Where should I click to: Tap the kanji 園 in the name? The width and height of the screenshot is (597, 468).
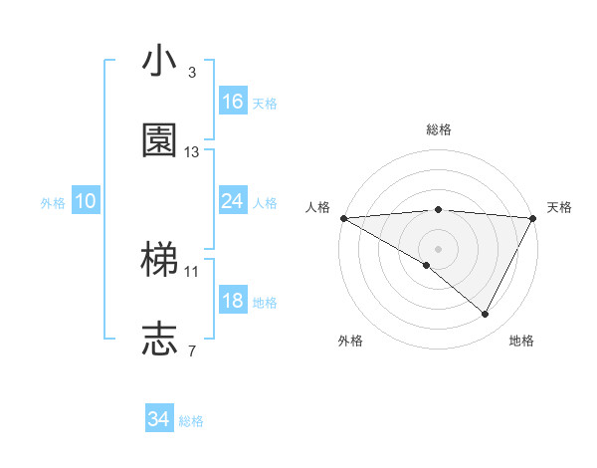click(159, 140)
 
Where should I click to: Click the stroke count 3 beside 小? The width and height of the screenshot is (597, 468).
click(192, 73)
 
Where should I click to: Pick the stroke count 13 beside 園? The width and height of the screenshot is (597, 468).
click(192, 151)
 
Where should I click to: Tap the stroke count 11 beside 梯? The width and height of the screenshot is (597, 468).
click(192, 271)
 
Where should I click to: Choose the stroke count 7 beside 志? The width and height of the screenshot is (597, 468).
click(192, 351)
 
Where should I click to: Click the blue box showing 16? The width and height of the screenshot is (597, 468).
click(233, 102)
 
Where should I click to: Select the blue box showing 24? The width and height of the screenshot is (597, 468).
click(233, 201)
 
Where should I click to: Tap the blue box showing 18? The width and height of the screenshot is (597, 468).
click(233, 301)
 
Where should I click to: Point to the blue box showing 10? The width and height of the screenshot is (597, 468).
click(86, 201)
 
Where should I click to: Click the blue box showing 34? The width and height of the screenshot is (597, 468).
click(159, 420)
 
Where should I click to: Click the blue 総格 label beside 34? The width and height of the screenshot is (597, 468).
click(191, 422)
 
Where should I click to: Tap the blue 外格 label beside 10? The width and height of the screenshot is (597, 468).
click(53, 203)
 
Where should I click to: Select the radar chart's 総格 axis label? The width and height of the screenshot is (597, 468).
click(438, 129)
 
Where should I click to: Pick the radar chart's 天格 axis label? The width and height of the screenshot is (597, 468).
click(559, 207)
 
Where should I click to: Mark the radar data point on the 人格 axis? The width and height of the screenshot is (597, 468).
click(343, 217)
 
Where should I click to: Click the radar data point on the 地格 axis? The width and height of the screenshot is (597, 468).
click(486, 314)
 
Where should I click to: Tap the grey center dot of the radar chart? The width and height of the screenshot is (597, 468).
click(438, 247)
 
